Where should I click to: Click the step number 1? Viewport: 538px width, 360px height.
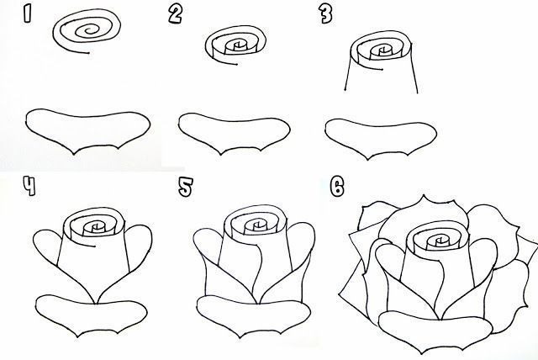click(29, 14)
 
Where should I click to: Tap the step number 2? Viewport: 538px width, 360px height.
click(175, 13)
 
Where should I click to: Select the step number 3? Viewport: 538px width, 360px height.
click(324, 13)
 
